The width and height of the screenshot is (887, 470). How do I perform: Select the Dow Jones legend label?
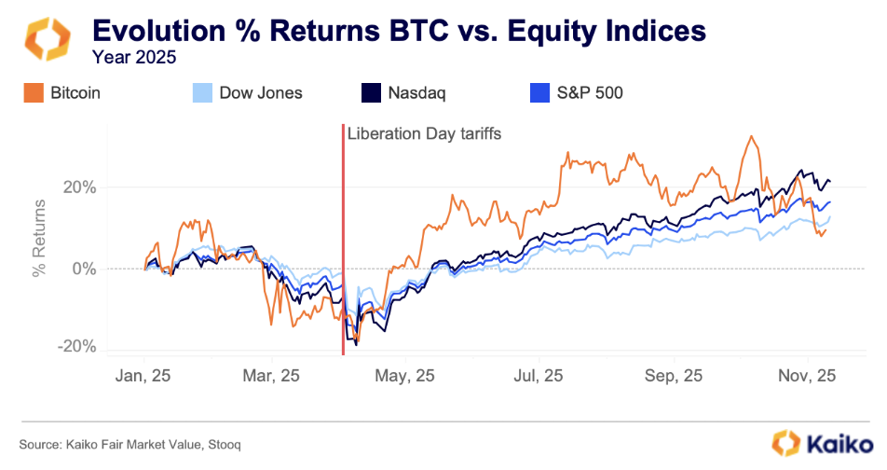[x=260, y=92]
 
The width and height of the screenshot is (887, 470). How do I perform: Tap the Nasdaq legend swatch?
[x=371, y=92]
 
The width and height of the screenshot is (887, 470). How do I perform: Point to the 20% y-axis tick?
[x=78, y=187]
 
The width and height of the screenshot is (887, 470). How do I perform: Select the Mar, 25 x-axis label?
[x=274, y=376]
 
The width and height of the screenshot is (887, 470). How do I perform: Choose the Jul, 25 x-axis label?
[x=539, y=376]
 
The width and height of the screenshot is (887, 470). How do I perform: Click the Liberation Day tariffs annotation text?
[x=424, y=134]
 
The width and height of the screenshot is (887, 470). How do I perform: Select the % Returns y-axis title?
[x=39, y=237]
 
